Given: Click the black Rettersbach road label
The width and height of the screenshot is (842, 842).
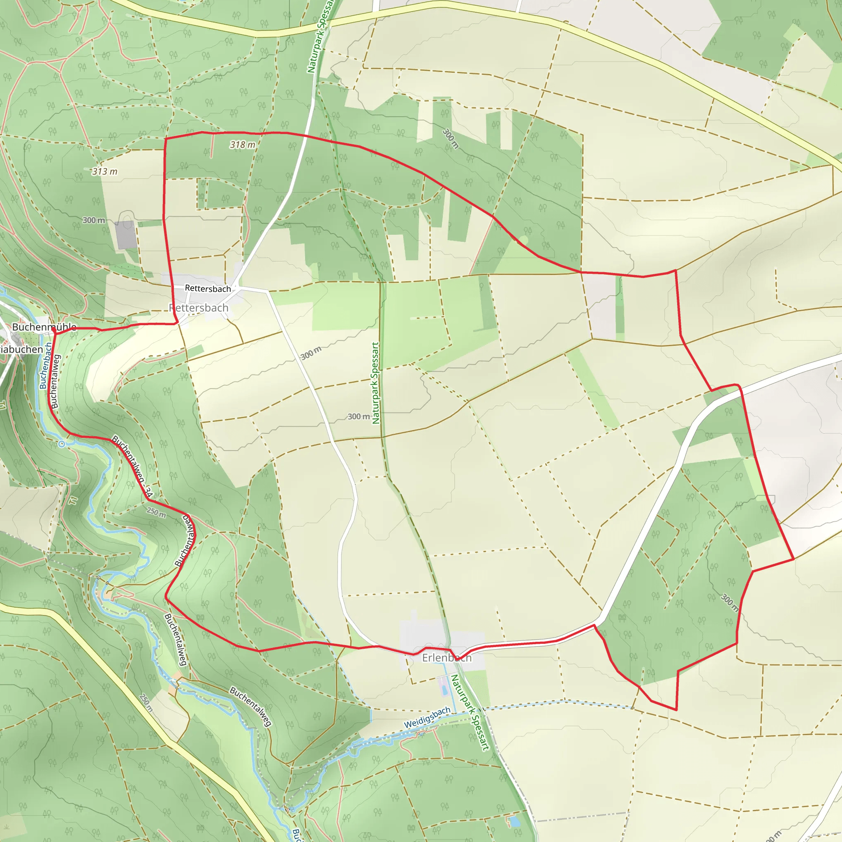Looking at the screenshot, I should coord(208,289).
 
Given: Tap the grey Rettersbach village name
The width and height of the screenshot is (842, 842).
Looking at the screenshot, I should coord(199,308).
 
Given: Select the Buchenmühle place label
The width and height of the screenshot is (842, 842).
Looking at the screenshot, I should coord(44,327).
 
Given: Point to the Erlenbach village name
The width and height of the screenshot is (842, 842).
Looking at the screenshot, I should coord(447,658).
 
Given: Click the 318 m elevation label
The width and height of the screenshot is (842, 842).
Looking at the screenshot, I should coord(243,144).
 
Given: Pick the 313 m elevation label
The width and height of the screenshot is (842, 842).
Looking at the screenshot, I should coord(104,171).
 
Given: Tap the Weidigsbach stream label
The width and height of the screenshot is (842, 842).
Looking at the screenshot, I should coord(427,717).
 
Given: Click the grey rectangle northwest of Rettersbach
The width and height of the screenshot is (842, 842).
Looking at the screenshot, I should coord(126,234).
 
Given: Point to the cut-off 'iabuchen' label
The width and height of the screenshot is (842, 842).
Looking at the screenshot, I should coord(22,349).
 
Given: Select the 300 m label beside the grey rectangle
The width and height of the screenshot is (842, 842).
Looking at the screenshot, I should coord(94,220).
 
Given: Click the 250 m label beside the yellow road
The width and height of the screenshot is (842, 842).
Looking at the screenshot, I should coord(146,703).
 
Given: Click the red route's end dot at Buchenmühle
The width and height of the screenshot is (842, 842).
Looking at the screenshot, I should coord(53,332).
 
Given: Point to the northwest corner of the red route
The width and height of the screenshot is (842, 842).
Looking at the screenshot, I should coord(165,139).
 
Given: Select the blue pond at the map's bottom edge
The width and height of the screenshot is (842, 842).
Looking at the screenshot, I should coord(515,821).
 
